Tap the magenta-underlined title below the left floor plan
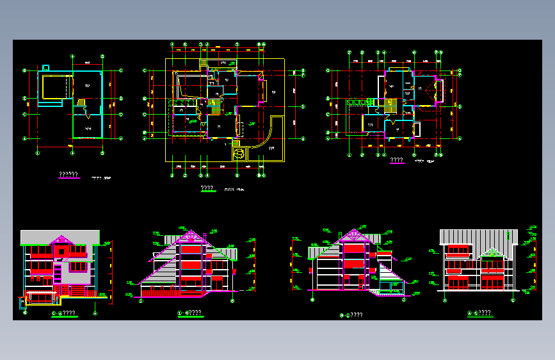point(68,175)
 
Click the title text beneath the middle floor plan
point(207,188)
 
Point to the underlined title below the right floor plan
point(396,160)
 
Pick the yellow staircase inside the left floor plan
point(81,102)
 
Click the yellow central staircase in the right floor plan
point(387,102)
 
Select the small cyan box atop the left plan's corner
point(45,67)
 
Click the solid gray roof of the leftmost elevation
point(61,237)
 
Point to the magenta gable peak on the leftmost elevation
point(62,241)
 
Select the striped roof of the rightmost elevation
point(479,237)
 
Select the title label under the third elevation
point(351,315)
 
